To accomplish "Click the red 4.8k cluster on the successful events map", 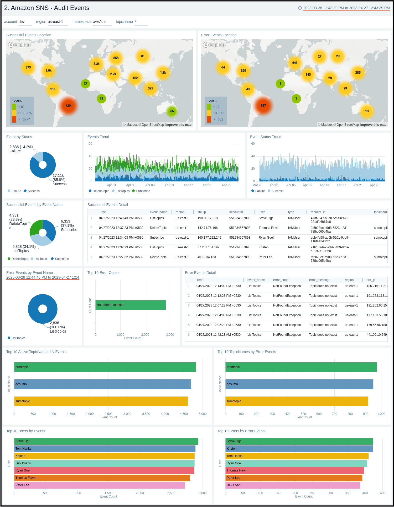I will click(68, 106).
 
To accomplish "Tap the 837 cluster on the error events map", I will click(263, 106).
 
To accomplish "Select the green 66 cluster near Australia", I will click(172, 111).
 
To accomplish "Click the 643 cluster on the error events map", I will click(295, 63).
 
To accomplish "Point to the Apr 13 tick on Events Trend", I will click(169, 185).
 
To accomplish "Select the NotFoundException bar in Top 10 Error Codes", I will click(131, 305).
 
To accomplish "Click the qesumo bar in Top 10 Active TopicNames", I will click(102, 384).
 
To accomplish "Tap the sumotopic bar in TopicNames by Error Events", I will click(297, 401).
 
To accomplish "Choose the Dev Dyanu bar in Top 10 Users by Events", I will click(104, 463).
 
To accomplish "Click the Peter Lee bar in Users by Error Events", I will click(294, 478).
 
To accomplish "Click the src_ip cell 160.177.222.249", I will click(209, 238).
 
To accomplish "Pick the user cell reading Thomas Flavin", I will click(269, 228).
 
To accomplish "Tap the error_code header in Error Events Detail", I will click(281, 280).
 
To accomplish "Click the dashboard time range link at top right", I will click(346, 8).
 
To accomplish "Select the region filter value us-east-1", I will click(55, 22).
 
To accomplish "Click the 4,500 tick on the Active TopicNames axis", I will click(184, 414).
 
